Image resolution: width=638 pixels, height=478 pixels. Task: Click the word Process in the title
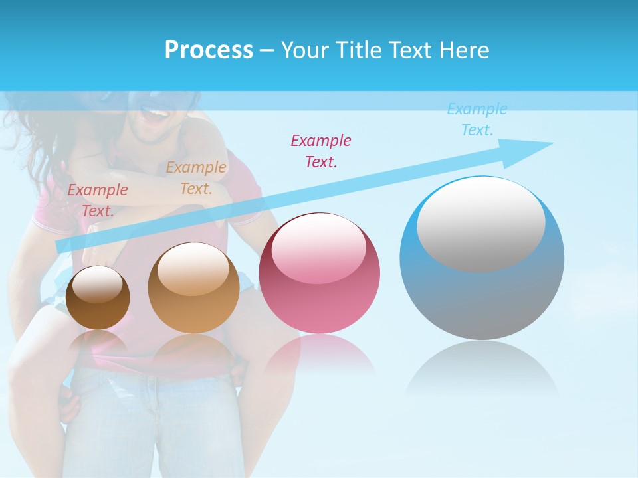(x=209, y=50)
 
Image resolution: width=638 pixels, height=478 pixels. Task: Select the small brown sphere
(x=98, y=297)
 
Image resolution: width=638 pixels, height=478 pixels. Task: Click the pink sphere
(x=320, y=273)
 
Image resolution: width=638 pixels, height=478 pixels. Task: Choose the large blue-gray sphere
(x=482, y=258)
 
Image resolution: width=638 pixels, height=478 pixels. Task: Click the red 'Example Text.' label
(x=98, y=200)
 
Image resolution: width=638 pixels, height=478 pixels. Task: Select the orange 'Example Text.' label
(x=196, y=178)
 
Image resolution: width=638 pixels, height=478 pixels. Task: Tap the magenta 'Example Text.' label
(x=321, y=151)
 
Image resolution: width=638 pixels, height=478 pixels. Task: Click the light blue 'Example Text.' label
(x=477, y=119)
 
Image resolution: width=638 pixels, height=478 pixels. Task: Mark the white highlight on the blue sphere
(x=481, y=224)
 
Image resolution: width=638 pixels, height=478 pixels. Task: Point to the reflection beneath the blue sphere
(x=482, y=368)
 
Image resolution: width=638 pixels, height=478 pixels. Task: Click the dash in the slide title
(x=267, y=50)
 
